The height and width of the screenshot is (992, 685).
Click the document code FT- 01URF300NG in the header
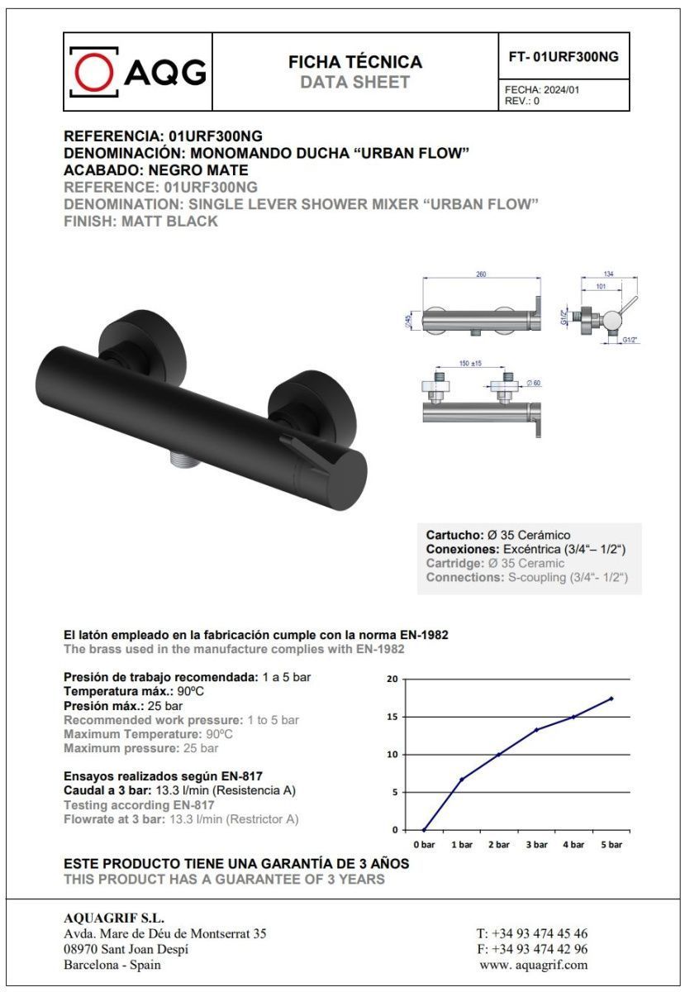pyautogui.click(x=563, y=56)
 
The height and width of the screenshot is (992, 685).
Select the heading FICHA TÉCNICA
pyautogui.click(x=354, y=62)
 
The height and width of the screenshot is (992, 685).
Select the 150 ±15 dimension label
pyautogui.click(x=471, y=363)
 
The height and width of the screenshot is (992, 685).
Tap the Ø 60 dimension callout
pyautogui.click(x=535, y=384)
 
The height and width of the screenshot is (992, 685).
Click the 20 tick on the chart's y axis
pyautogui.click(x=392, y=679)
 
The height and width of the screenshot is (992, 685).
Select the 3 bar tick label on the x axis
pyautogui.click(x=536, y=845)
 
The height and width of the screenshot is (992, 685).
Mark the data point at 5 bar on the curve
pyautogui.click(x=611, y=699)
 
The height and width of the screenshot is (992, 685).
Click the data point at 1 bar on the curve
pyautogui.click(x=461, y=779)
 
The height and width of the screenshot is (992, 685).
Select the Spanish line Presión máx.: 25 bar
pyautogui.click(x=123, y=706)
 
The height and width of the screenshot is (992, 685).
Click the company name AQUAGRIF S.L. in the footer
pyautogui.click(x=114, y=918)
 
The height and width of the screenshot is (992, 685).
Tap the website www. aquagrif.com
pyautogui.click(x=534, y=964)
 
